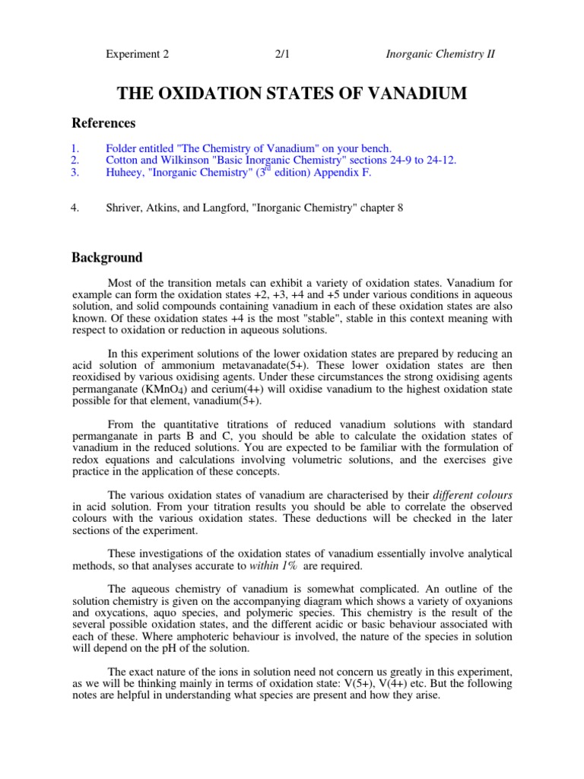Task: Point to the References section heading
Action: pyautogui.click(x=103, y=123)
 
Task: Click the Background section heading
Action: pyautogui.click(x=107, y=258)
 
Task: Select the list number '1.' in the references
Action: pyautogui.click(x=75, y=148)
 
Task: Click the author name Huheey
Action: pyautogui.click(x=125, y=173)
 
